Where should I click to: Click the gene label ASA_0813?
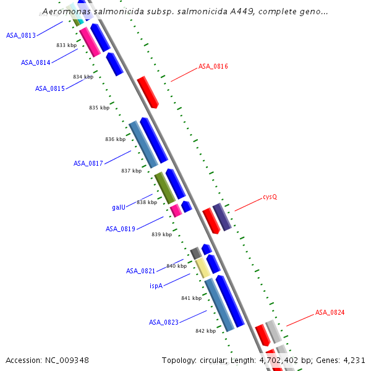(21, 35)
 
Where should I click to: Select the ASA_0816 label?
(213, 66)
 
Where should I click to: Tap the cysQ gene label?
(270, 197)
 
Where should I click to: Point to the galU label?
(119, 207)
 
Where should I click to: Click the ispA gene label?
(156, 286)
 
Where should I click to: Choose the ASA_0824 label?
(330, 312)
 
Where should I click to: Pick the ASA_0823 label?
(164, 322)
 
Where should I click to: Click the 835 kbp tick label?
(99, 108)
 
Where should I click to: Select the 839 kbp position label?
(161, 234)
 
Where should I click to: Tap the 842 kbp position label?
(205, 331)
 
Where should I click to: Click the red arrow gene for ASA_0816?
(148, 92)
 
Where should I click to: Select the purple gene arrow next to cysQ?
(221, 216)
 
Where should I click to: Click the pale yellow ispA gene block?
(202, 268)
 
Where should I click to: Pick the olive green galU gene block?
(164, 188)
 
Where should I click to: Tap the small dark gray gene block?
(195, 252)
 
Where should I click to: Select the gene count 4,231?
(353, 360)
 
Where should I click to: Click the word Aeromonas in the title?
(65, 12)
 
